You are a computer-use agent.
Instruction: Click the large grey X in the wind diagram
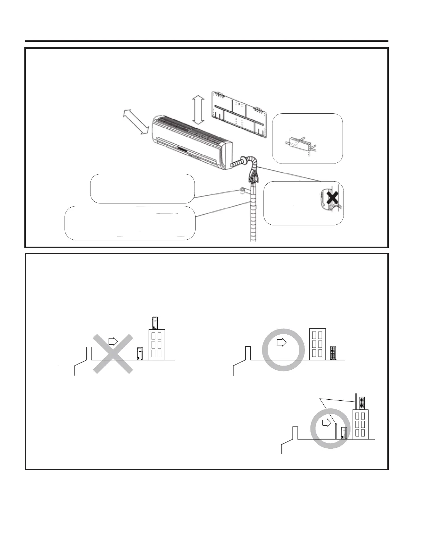tap(113, 354)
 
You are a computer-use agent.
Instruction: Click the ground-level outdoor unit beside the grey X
tap(140, 353)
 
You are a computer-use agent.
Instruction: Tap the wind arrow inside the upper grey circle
tap(281, 343)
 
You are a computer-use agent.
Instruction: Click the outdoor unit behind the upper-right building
tap(333, 353)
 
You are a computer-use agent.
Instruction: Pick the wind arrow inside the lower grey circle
tap(326, 422)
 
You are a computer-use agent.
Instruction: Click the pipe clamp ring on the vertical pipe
tap(241, 190)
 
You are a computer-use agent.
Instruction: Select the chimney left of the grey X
tap(89, 353)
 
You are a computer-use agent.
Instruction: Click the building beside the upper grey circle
tap(318, 344)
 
